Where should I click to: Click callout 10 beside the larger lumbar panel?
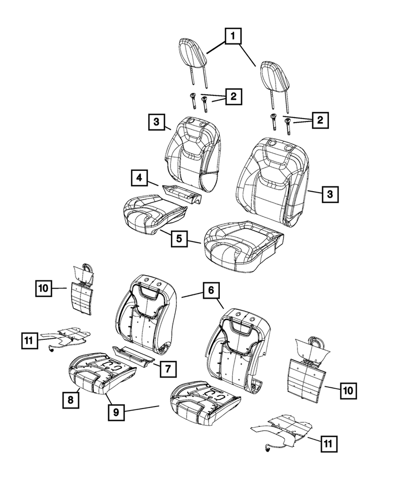tap(348, 390)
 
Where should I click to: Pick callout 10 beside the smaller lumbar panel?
tap(43, 288)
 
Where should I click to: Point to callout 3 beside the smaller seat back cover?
tap(155, 122)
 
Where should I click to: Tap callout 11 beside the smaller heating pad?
tap(30, 340)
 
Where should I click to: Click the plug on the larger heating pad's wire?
tap(267, 449)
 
